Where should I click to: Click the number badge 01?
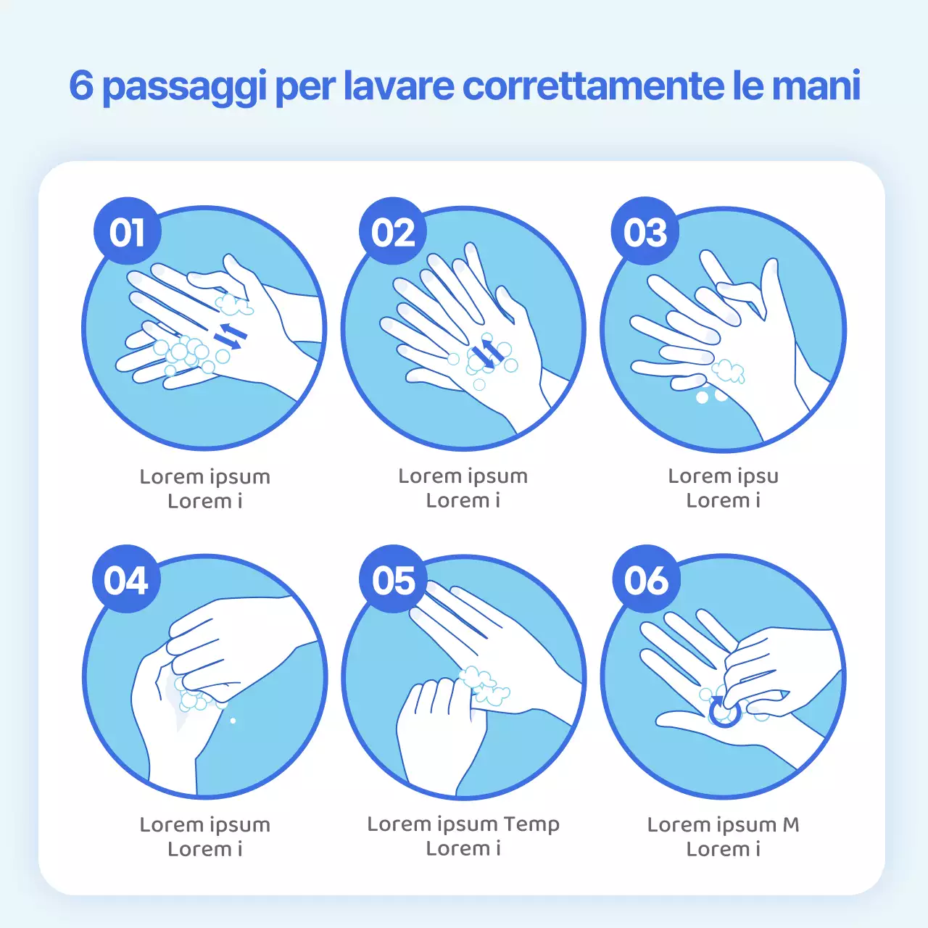pyautogui.click(x=128, y=232)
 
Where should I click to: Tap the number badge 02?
pyautogui.click(x=393, y=232)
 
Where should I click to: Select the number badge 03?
pyautogui.click(x=645, y=232)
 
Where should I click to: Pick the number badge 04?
pyautogui.click(x=126, y=580)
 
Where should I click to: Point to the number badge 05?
pyautogui.click(x=394, y=580)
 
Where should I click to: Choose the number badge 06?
pyautogui.click(x=646, y=580)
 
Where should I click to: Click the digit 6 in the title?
pyautogui.click(x=81, y=86)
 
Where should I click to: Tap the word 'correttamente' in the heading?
pyautogui.click(x=592, y=86)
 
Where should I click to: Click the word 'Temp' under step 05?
pyautogui.click(x=531, y=824)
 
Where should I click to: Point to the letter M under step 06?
pyautogui.click(x=791, y=825)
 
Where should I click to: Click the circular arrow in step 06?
pyautogui.click(x=724, y=711)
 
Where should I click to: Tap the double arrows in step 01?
pyautogui.click(x=230, y=335)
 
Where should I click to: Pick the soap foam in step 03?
pyautogui.click(x=727, y=371)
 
